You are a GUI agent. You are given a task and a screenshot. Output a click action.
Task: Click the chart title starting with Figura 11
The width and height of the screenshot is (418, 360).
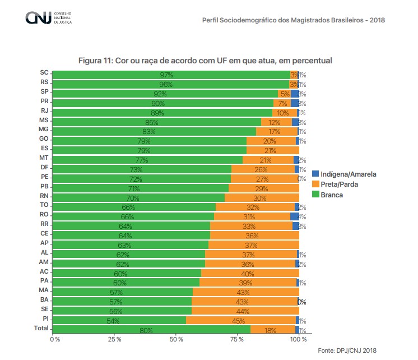(205, 60)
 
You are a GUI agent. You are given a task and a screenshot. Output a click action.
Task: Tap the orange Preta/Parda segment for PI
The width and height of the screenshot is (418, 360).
(240, 321)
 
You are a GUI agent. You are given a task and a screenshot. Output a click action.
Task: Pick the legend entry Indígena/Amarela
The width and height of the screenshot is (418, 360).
(343, 174)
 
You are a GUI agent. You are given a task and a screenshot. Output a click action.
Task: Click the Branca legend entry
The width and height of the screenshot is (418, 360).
(332, 195)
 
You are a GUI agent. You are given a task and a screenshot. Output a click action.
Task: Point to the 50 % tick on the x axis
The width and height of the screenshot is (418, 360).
(177, 339)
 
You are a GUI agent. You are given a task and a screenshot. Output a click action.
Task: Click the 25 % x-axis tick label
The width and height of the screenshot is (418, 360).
(115, 339)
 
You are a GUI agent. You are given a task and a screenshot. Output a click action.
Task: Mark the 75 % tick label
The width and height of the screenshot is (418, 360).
(237, 339)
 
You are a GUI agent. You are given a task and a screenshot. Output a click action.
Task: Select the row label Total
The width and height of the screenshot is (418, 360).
(41, 327)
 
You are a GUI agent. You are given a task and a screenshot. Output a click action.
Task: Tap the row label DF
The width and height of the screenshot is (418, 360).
(44, 167)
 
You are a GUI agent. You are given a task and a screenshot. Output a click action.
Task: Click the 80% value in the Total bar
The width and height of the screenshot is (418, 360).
(146, 330)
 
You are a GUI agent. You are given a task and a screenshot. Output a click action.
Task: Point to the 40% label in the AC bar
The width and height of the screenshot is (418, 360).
(248, 274)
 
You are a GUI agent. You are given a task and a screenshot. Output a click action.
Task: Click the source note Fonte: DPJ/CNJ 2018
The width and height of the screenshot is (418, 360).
(347, 350)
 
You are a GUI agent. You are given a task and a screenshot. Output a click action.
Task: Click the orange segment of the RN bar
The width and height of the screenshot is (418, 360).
(262, 197)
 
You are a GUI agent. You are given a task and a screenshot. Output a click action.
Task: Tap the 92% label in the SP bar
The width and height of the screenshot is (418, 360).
(160, 94)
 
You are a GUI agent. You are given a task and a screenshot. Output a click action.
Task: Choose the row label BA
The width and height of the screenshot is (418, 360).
(44, 299)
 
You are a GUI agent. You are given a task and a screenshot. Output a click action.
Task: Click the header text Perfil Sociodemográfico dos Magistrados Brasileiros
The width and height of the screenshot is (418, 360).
(292, 20)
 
